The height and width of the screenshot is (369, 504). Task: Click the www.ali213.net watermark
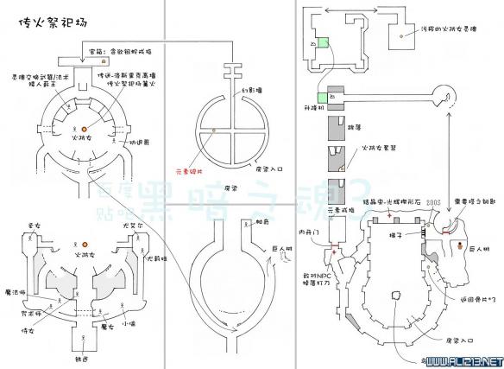(464, 358)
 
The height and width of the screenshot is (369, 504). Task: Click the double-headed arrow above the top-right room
(351, 10)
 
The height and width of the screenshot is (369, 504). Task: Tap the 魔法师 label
(14, 292)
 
